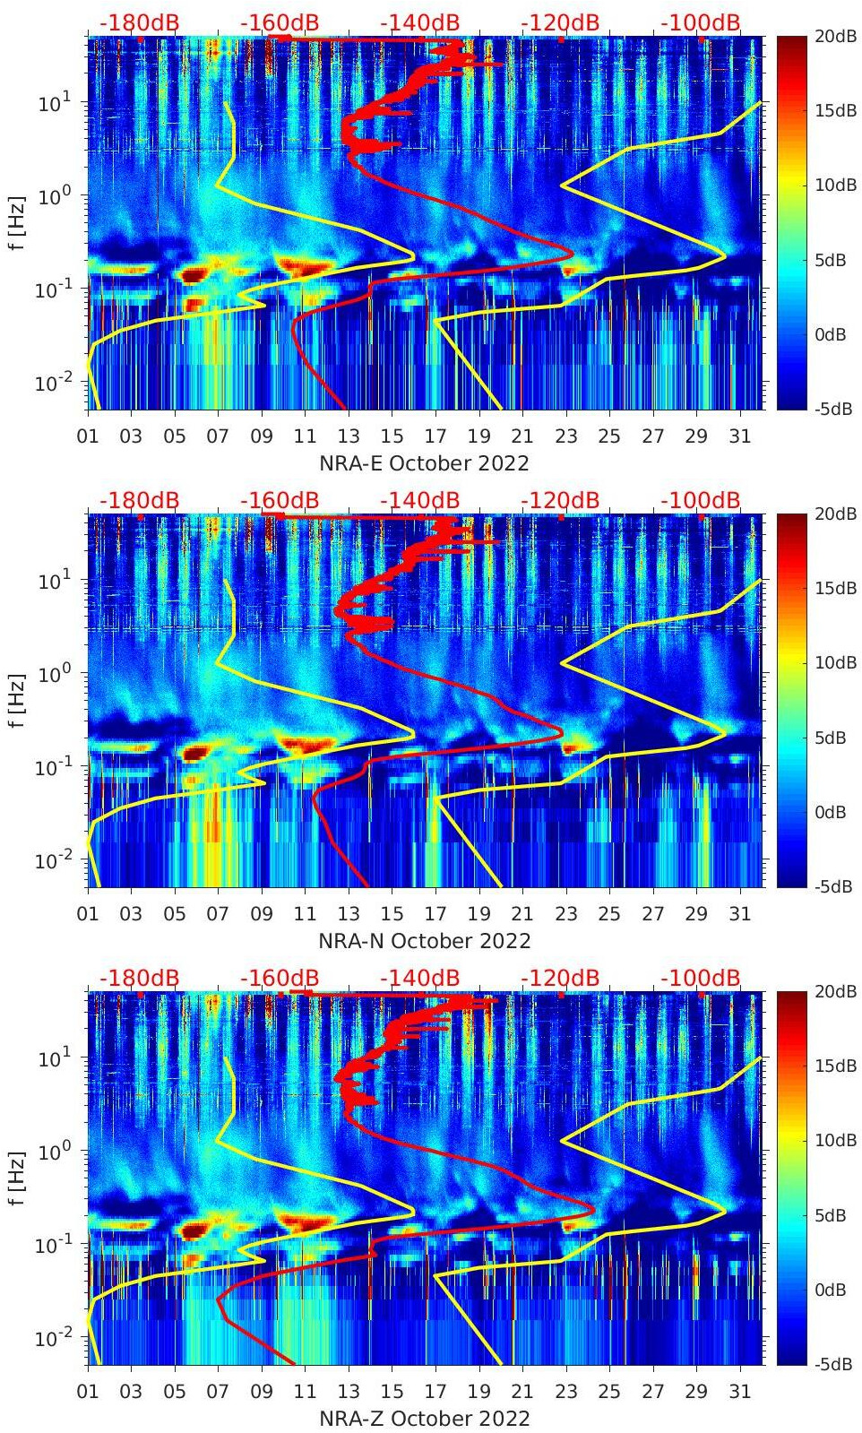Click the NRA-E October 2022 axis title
point(424,463)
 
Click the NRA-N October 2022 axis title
point(425,941)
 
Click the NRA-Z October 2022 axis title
point(425,1419)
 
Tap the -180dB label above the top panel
point(139,22)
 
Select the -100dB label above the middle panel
point(701,500)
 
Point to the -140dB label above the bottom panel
point(419,978)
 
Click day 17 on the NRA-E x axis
point(435,436)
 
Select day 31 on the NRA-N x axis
point(739,914)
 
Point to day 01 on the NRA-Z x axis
point(88,1392)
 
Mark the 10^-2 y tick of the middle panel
point(49,860)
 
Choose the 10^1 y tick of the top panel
point(49,103)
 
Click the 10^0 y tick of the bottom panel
point(49,1151)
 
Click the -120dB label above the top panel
point(560,22)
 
